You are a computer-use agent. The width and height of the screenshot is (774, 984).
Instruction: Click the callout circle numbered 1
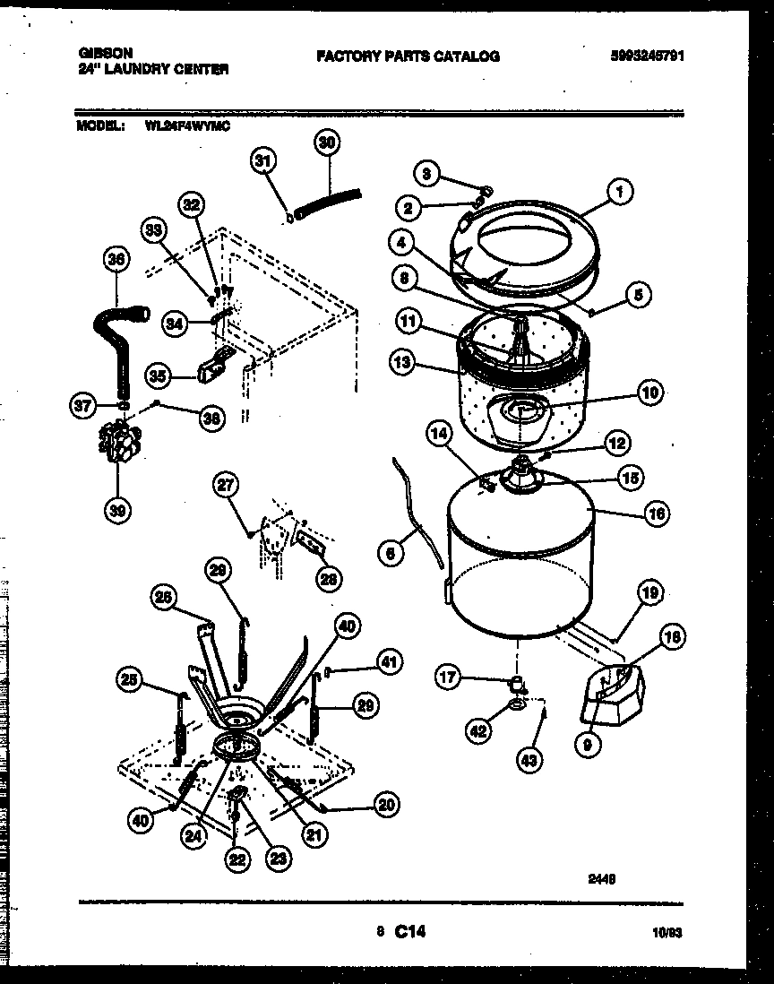tap(617, 190)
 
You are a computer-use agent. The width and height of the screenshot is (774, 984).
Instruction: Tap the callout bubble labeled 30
tap(327, 142)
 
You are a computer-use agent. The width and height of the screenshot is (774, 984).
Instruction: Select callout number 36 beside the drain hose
tap(116, 258)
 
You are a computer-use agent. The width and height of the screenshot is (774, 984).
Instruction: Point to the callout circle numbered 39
tap(116, 510)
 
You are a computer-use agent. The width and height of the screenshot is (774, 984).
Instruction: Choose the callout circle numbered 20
tap(386, 804)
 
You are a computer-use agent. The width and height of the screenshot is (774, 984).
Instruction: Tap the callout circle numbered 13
tap(403, 362)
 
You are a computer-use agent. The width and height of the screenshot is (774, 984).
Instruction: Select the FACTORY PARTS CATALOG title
tap(408, 56)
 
